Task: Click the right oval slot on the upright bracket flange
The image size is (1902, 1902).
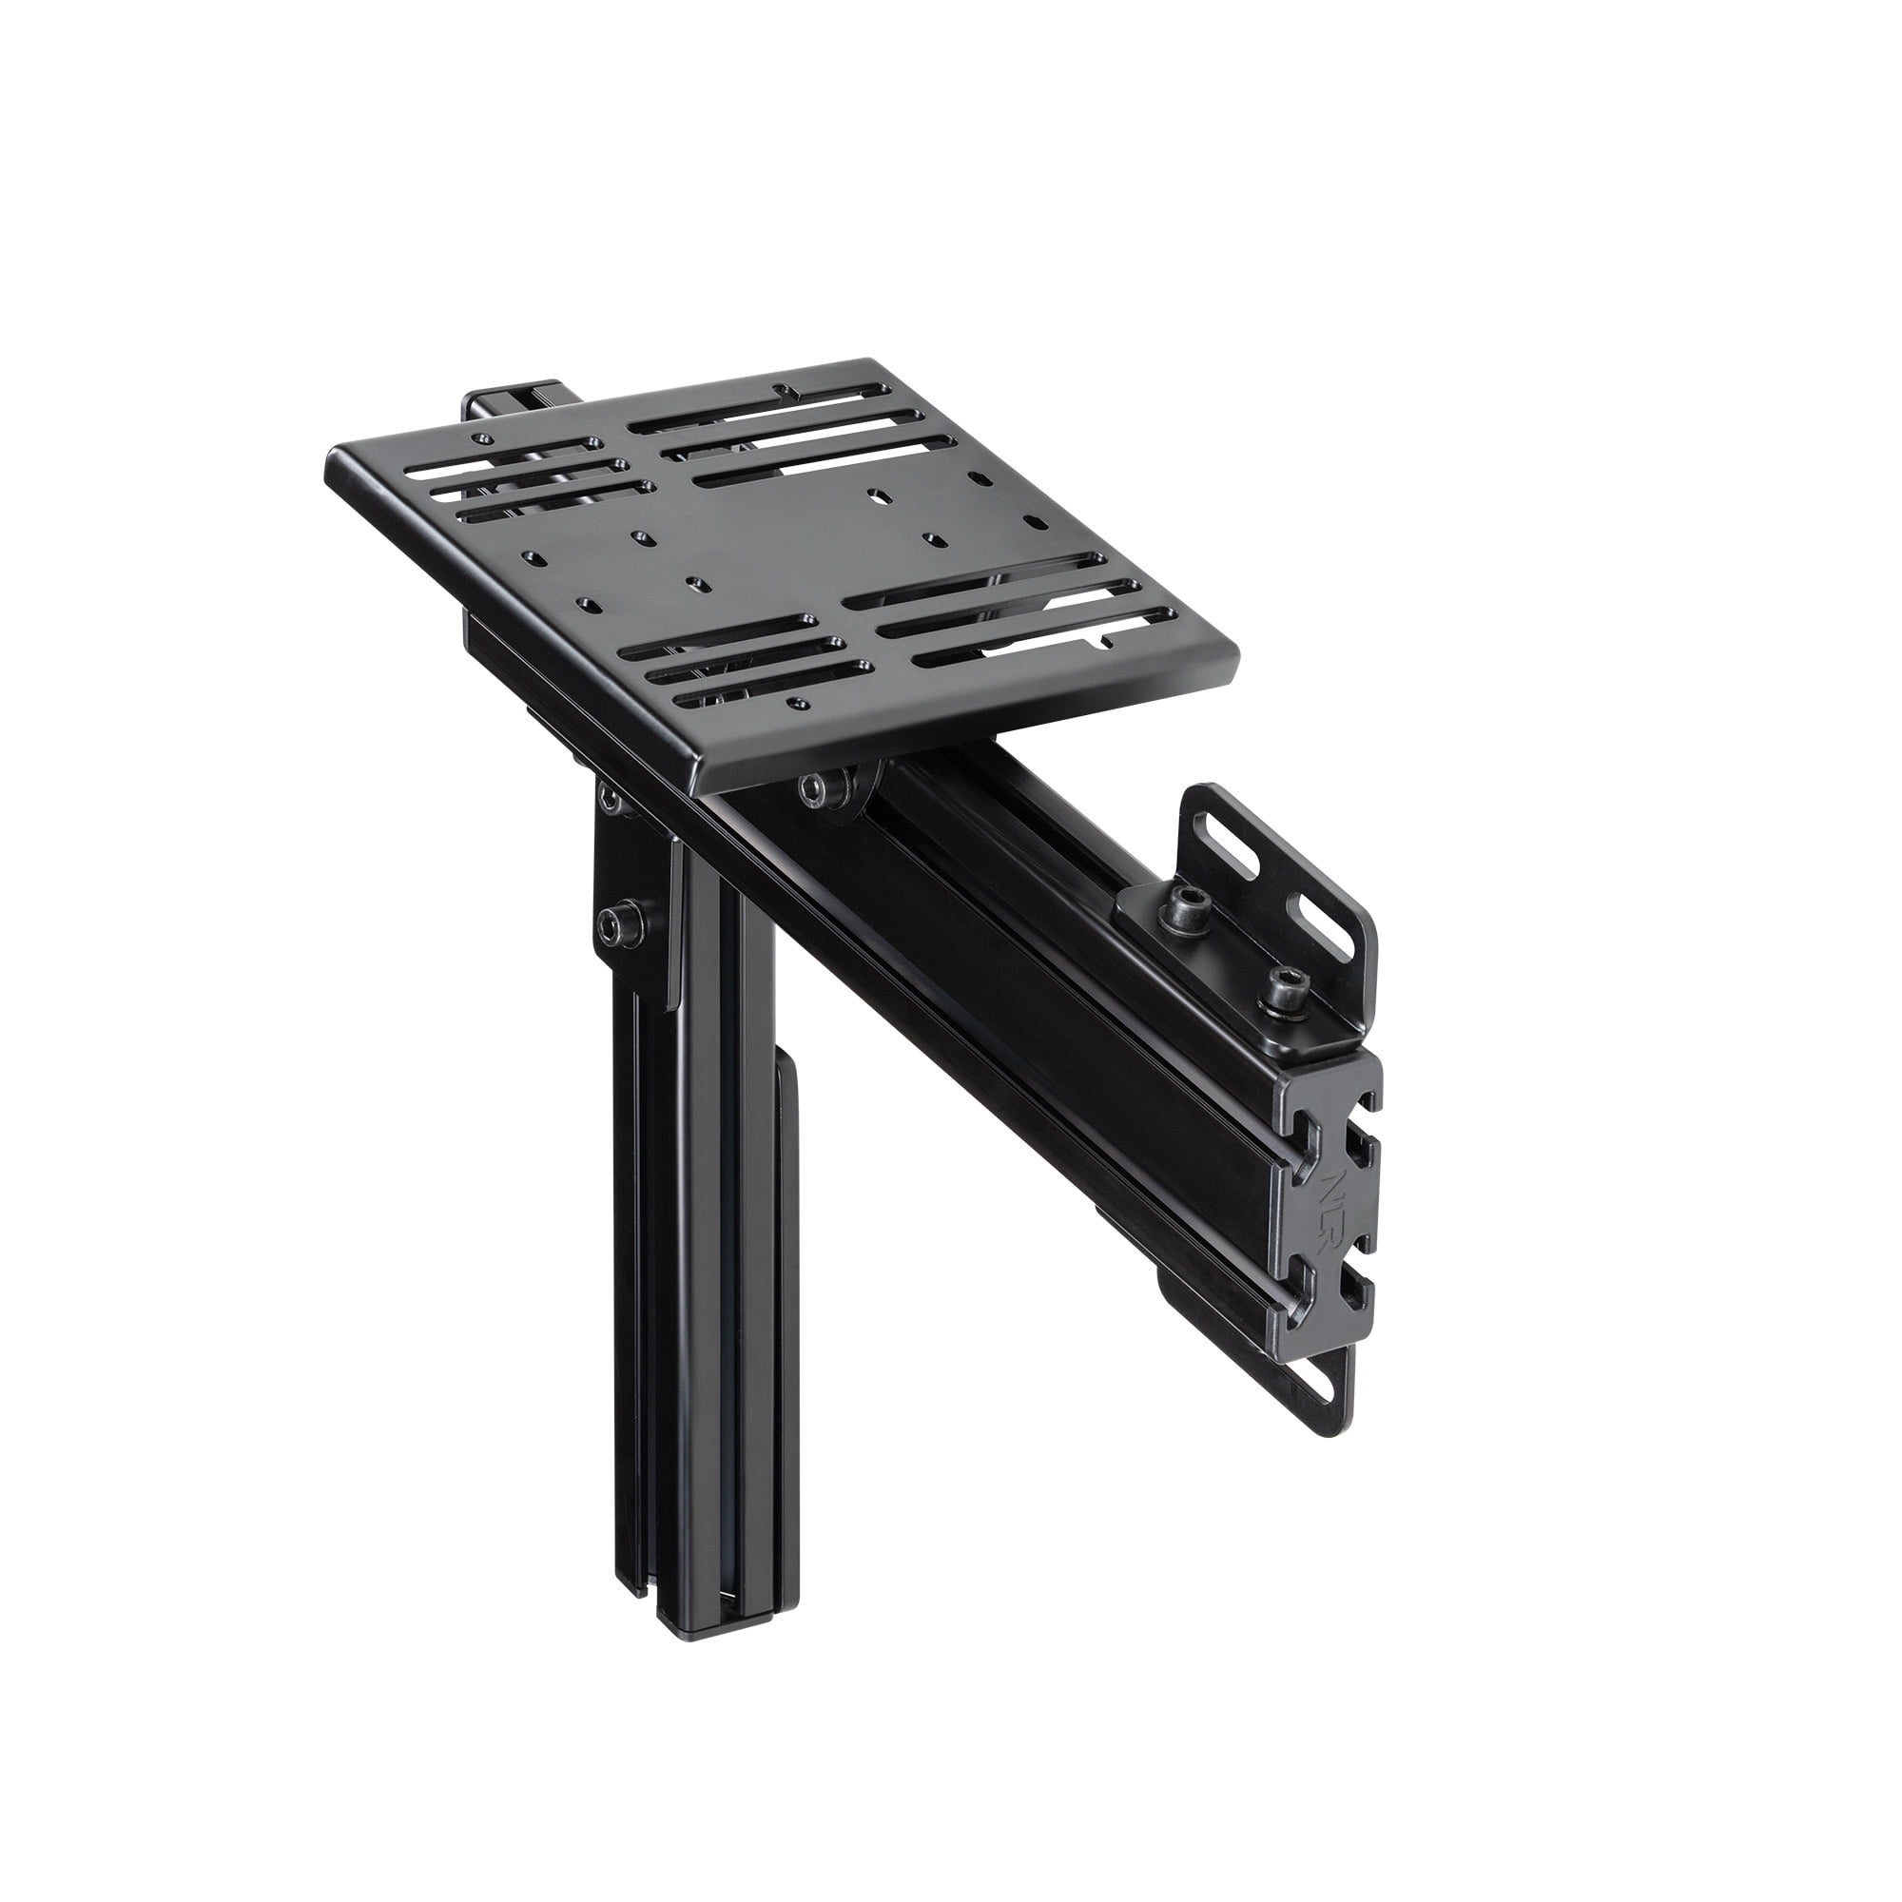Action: pyautogui.click(x=1323, y=920)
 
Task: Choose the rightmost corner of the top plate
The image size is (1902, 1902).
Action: pyautogui.click(x=1232, y=647)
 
